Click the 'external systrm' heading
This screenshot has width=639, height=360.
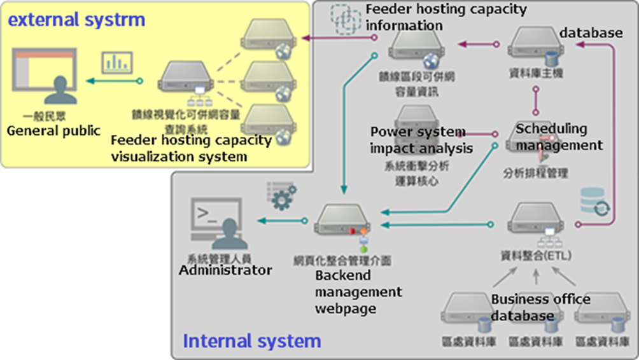tap(76, 20)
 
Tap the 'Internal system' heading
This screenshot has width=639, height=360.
tap(252, 341)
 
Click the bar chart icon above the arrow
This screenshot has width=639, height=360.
tap(115, 62)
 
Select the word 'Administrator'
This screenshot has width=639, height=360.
tap(225, 270)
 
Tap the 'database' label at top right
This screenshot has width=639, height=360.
tap(591, 32)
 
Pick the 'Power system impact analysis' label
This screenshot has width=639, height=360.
tap(421, 140)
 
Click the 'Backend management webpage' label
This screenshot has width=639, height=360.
tap(358, 292)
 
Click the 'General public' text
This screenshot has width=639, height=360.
tap(53, 131)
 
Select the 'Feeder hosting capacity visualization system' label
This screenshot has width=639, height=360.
tap(191, 148)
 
